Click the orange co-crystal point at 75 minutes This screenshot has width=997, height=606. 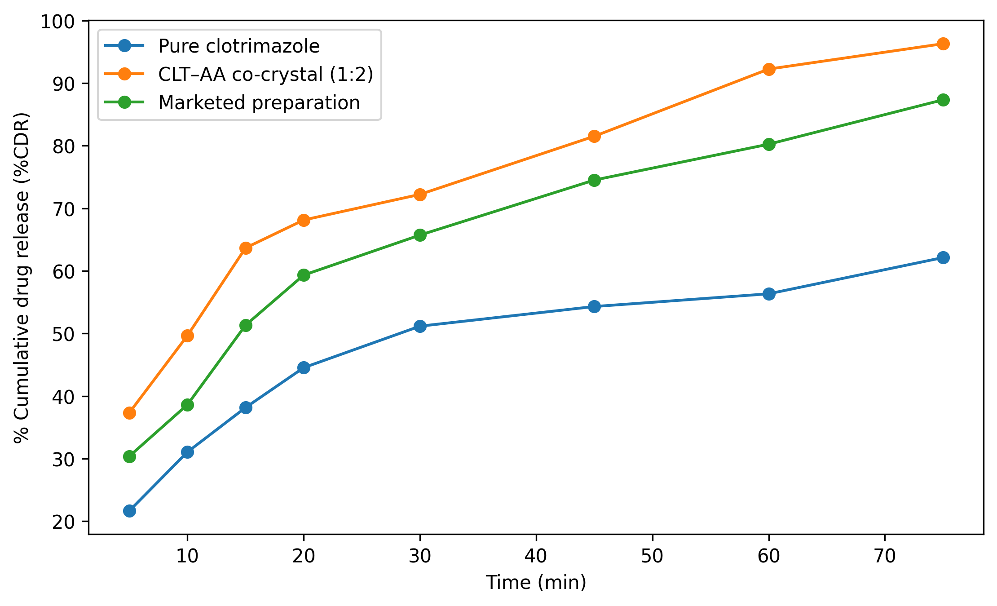coord(943,44)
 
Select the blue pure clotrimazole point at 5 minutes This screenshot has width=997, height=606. coord(129,511)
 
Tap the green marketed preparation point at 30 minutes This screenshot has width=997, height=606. coord(420,235)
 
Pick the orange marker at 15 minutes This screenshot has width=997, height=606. coord(246,248)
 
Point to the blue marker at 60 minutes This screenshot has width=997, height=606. coord(769,294)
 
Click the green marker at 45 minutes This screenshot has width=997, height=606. coord(594,180)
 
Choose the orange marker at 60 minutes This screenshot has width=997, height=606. coord(769,69)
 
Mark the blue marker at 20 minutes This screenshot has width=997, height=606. coord(304,367)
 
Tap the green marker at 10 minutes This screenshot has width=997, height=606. coord(187,405)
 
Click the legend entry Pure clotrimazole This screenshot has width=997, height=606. coord(238,46)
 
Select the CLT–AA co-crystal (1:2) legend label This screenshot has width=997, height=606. coord(265,75)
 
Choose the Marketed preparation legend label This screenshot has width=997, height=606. coord(259,103)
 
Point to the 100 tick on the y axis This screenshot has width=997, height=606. coord(59,21)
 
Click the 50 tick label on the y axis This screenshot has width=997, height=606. coord(64,334)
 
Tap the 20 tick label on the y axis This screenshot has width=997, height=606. coord(64,522)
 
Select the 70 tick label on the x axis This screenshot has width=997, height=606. coord(885,557)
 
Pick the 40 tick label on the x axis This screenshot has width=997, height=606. coord(536,557)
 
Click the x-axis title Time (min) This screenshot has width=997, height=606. coord(536,583)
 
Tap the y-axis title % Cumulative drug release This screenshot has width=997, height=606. coord(22,277)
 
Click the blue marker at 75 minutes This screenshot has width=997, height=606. coord(943,257)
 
